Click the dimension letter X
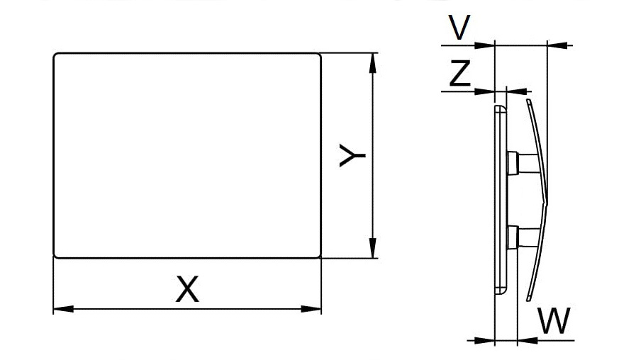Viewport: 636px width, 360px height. point(187,289)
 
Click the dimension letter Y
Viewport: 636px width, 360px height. point(352,155)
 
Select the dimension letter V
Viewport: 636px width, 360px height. point(459,27)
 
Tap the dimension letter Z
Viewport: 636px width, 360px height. point(460,74)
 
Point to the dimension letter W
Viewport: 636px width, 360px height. point(554,320)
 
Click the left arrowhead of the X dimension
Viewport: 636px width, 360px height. point(63,309)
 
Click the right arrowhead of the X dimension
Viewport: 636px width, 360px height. point(311,309)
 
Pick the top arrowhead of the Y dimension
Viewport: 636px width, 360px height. point(373,63)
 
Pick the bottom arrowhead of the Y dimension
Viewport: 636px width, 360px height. point(373,248)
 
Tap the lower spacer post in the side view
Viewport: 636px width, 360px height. point(524,237)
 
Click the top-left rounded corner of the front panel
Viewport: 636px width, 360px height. point(56,55)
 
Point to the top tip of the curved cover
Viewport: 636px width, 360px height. point(528,100)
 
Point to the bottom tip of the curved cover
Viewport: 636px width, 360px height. point(529,300)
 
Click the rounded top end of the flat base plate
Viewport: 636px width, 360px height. point(501,108)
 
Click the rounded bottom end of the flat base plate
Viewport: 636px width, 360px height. point(501,291)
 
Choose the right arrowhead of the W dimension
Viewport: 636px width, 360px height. point(528,341)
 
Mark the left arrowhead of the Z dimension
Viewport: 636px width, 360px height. point(485,91)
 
